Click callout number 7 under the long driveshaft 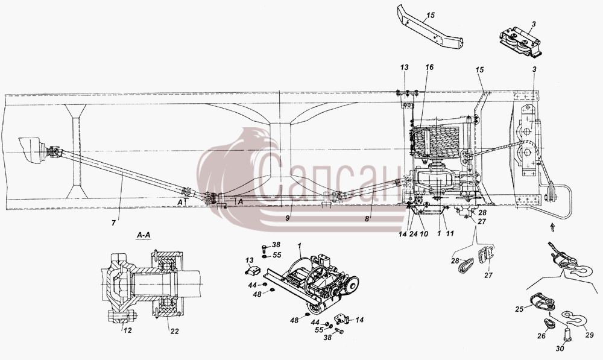coord(113,223)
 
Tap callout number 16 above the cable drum coord(429,68)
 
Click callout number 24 coord(414,233)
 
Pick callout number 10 coord(423,233)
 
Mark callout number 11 coord(450,233)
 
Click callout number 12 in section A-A coord(128,330)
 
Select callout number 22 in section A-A coord(174,331)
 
